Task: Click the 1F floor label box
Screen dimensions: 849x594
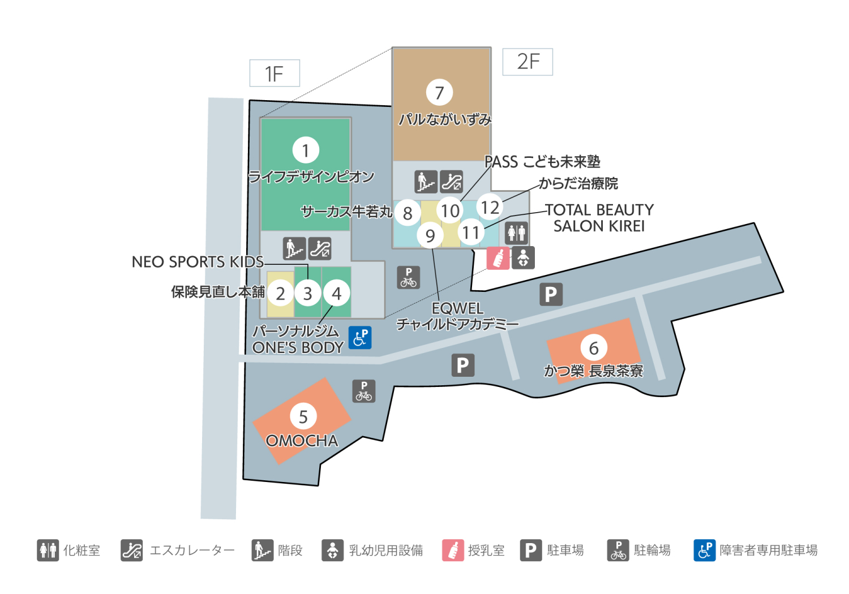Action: click(275, 74)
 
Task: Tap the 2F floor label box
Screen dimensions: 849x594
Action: click(528, 62)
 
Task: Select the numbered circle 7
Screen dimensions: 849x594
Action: click(439, 92)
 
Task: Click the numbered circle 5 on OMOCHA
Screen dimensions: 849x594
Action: click(303, 416)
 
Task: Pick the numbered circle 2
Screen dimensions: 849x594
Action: click(280, 294)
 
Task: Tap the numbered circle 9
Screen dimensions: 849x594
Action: click(430, 235)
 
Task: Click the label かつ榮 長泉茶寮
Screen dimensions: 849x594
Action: click(593, 371)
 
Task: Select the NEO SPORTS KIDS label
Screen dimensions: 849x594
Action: click(198, 262)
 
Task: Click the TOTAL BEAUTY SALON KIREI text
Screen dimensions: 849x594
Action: click(599, 218)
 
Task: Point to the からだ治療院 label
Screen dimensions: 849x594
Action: click(578, 183)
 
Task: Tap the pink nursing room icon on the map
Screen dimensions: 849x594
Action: click(498, 258)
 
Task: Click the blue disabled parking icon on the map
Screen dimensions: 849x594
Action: click(360, 338)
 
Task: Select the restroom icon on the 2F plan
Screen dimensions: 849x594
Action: click(517, 232)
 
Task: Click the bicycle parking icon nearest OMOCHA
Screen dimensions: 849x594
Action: click(364, 391)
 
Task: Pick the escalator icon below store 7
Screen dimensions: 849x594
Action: click(451, 182)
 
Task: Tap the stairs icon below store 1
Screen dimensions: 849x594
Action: click(294, 248)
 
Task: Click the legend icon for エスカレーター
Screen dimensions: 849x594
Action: click(132, 550)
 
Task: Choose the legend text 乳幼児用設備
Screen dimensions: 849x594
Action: click(386, 550)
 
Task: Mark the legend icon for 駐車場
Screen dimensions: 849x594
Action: click(530, 550)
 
